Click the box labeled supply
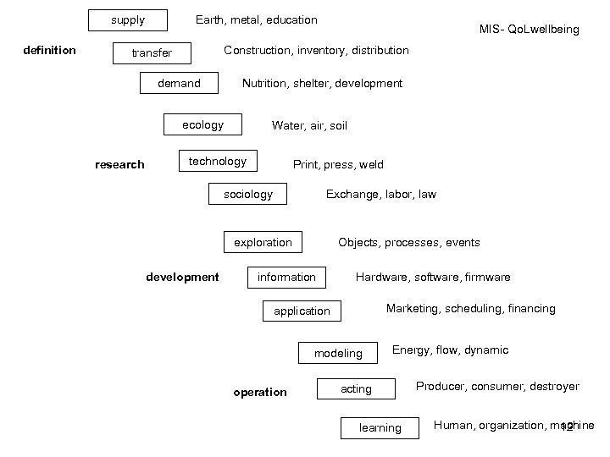point(128,19)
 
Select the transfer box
point(152,53)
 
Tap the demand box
point(180,83)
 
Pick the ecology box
point(202,124)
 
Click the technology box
point(218,161)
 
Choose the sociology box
point(248,194)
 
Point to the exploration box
point(263,242)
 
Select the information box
point(286,277)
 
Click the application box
point(302,311)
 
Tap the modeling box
point(338,353)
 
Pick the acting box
point(356,388)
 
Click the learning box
point(380,427)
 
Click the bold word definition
point(49,50)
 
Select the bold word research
point(119,164)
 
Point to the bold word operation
point(260,392)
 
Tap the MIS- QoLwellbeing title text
point(529,30)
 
